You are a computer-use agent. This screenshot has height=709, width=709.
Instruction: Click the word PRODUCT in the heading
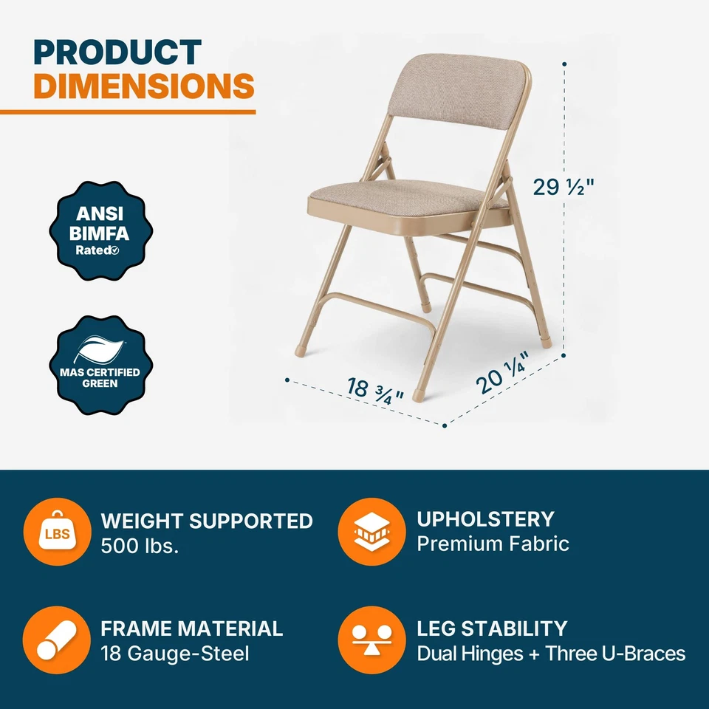(117, 52)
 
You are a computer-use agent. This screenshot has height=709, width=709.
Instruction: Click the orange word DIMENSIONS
(144, 86)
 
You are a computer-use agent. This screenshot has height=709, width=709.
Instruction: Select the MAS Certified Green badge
(100, 365)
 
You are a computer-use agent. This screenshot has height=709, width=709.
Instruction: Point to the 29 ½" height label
(564, 188)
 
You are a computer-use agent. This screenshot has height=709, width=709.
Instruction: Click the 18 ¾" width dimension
(375, 388)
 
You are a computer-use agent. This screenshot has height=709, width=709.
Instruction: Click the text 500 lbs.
(140, 547)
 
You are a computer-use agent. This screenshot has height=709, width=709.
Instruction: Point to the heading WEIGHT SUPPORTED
(207, 521)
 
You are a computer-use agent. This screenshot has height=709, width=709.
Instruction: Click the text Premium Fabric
(493, 544)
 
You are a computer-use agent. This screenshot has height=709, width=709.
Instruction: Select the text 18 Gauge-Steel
(175, 654)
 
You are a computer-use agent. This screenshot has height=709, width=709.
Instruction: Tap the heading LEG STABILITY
(492, 628)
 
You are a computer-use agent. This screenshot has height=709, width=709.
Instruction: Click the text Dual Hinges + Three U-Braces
(551, 654)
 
